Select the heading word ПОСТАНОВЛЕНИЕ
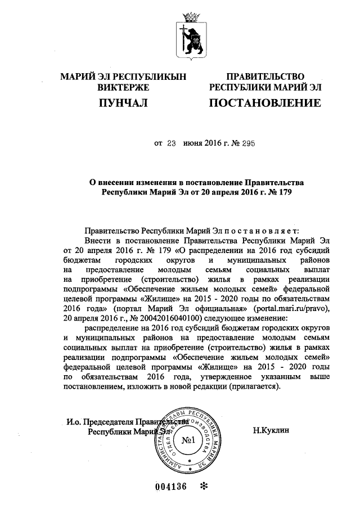(265, 103)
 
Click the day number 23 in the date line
(172, 144)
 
